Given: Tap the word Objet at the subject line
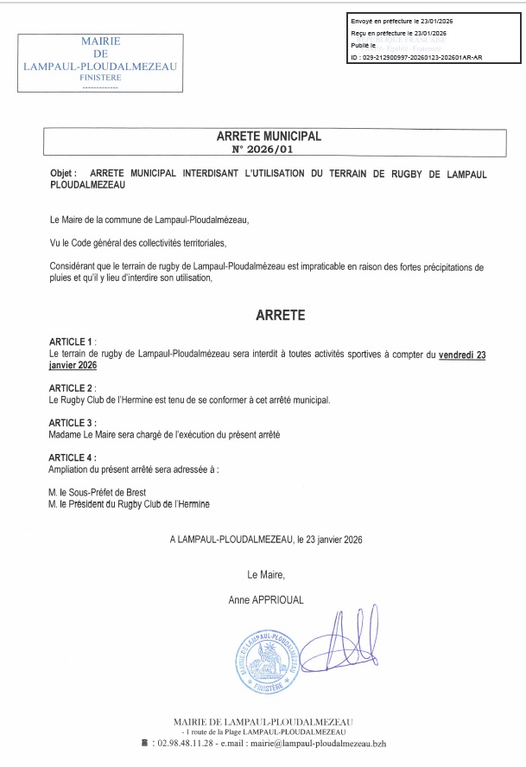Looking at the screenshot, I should click(x=64, y=174).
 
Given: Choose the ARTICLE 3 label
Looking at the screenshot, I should click(x=72, y=422).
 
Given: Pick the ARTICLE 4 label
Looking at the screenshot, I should click(x=72, y=457).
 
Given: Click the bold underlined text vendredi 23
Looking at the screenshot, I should click(x=462, y=355).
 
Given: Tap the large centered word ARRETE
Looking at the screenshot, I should click(x=280, y=316).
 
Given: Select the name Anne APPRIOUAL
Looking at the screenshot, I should click(x=266, y=598).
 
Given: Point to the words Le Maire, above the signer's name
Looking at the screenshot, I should click(x=266, y=573).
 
